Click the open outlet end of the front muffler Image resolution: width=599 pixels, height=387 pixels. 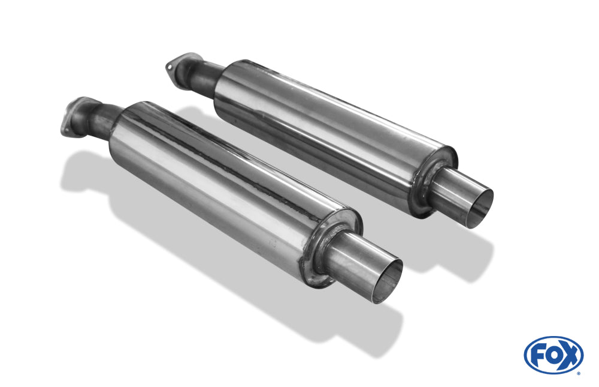click(386, 282)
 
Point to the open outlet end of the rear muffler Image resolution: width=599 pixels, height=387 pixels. click(479, 209)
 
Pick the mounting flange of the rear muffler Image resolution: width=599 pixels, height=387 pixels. click(182, 67)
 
